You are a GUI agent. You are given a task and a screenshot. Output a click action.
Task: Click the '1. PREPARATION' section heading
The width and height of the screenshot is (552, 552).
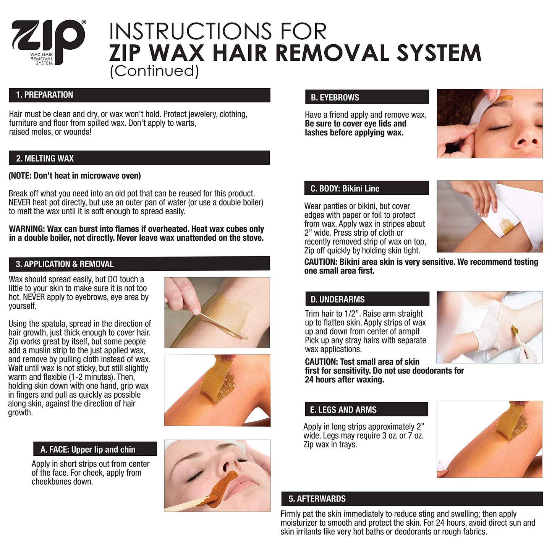(x=44, y=95)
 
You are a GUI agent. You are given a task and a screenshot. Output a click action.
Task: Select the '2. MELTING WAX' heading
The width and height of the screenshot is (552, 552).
(x=45, y=158)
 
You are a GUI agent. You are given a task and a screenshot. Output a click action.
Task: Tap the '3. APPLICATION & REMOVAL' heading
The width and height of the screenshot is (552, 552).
(x=65, y=264)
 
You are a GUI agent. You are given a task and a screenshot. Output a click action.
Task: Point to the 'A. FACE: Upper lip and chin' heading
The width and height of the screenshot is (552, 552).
(x=88, y=450)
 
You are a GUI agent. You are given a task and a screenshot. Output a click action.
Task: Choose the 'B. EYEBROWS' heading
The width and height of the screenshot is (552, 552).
(x=335, y=97)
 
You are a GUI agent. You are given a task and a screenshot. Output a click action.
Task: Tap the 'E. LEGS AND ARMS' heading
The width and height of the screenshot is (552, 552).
(x=343, y=410)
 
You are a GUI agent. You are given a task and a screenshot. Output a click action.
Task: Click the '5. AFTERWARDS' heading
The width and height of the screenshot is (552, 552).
(x=317, y=499)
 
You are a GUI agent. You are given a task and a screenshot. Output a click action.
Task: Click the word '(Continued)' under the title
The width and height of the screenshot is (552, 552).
(x=154, y=71)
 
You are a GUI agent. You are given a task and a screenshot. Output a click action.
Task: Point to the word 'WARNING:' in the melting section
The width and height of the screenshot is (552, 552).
(x=26, y=229)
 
